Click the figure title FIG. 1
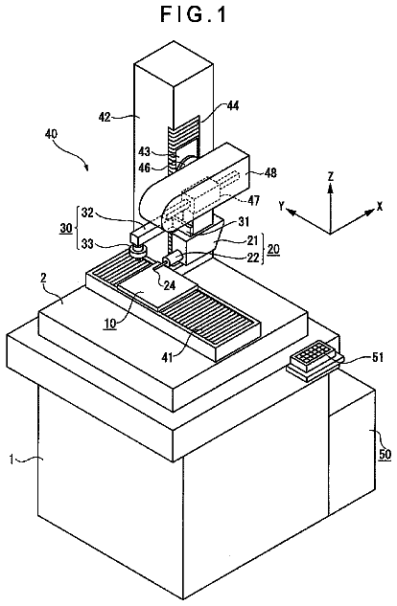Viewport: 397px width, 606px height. pos(193,14)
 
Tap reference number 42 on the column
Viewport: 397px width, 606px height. pos(105,116)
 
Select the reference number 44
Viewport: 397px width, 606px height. pos(233,105)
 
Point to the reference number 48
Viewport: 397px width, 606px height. pos(270,172)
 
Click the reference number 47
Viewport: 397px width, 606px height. pos(253,200)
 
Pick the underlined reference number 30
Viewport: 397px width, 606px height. pos(66,228)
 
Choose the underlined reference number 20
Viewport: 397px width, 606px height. pos(273,249)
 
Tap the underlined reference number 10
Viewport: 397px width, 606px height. pos(110,323)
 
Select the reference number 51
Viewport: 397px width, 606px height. pos(377,357)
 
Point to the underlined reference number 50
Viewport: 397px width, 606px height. pos(385,454)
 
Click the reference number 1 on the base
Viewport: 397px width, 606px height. pos(12,460)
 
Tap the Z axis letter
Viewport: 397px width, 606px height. pos(330,176)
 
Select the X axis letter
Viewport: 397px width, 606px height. pos(380,207)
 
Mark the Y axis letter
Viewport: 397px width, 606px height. pos(282,206)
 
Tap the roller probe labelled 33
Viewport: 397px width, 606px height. pos(137,250)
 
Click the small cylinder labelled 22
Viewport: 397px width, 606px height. pos(173,258)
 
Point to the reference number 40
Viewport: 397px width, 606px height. pos(51,134)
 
